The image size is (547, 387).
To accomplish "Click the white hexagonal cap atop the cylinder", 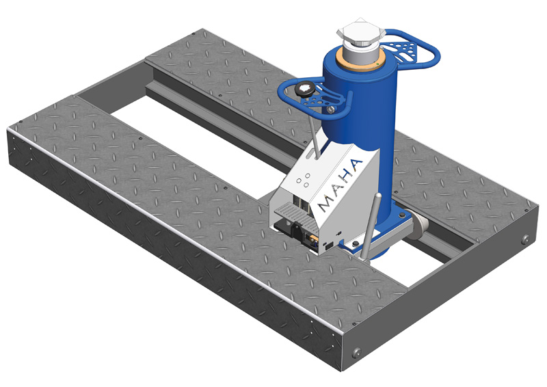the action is [x=361, y=32].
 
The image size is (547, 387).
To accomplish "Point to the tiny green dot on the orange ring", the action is [x=378, y=64].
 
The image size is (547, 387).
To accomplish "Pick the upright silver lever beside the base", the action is [x=370, y=228].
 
